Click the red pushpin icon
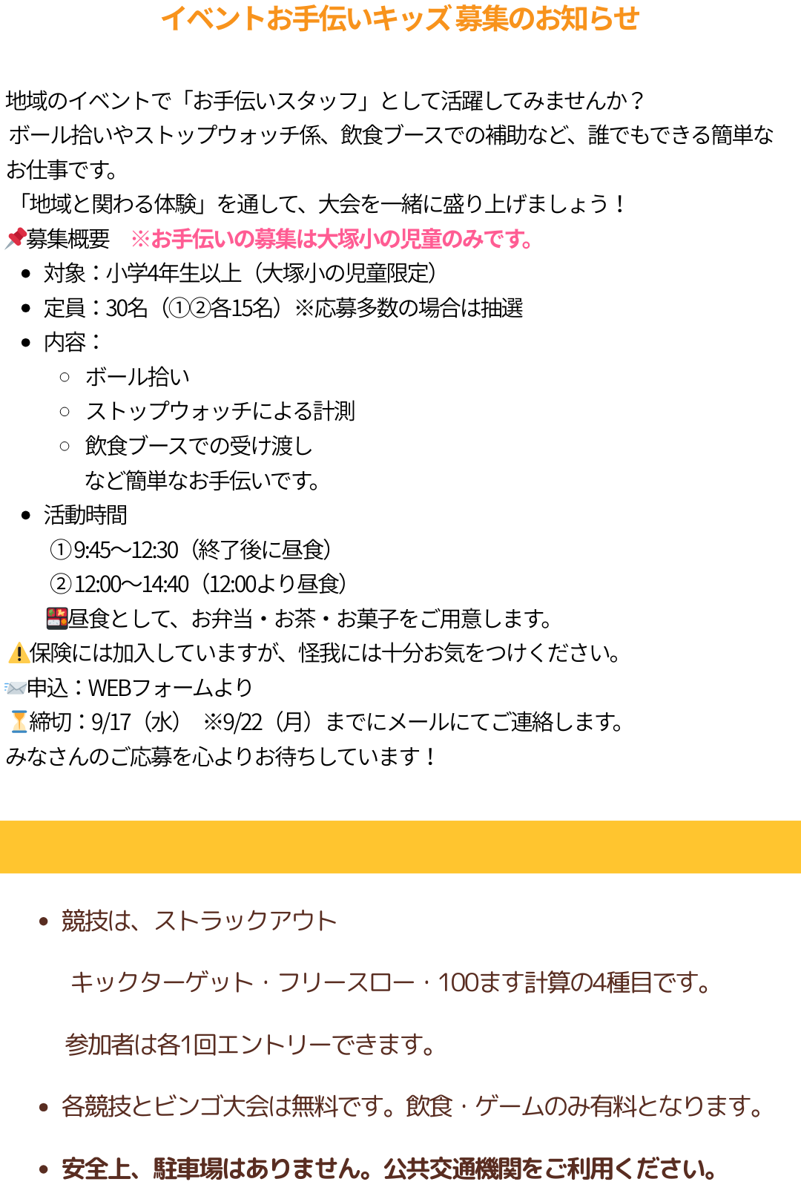coord(16,238)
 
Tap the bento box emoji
coord(57,618)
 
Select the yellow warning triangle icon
coord(19,653)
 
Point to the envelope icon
coord(16,688)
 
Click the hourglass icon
coord(19,721)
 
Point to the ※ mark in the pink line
coord(140,239)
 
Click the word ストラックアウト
coord(245,921)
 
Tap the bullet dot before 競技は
coord(44,922)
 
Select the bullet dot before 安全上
coord(44,1169)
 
